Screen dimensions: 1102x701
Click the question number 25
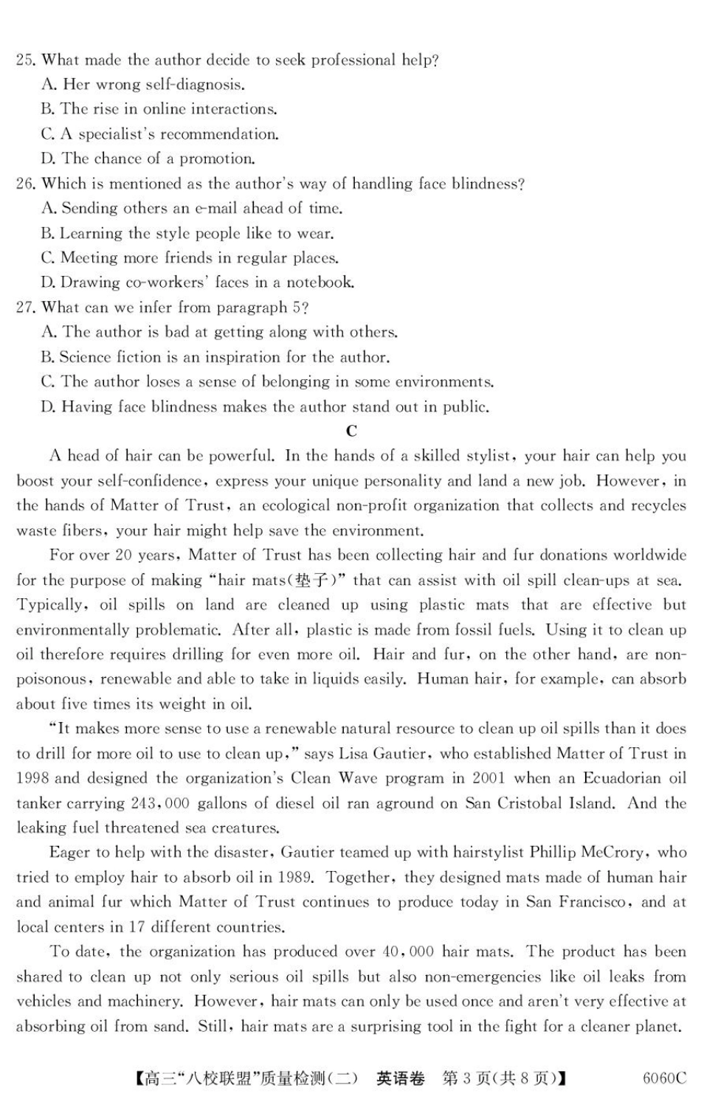[26, 60]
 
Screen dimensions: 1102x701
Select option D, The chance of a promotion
[148, 159]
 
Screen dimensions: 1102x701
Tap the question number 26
[26, 184]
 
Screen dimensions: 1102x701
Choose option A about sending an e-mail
[192, 209]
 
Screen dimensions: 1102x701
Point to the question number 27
[26, 308]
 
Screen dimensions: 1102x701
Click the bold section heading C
[351, 432]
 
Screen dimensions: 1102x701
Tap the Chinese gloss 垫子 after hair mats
[313, 581]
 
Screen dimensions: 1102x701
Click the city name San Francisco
[567, 902]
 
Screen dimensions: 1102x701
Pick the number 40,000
[408, 952]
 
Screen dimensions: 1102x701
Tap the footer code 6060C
[663, 1078]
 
